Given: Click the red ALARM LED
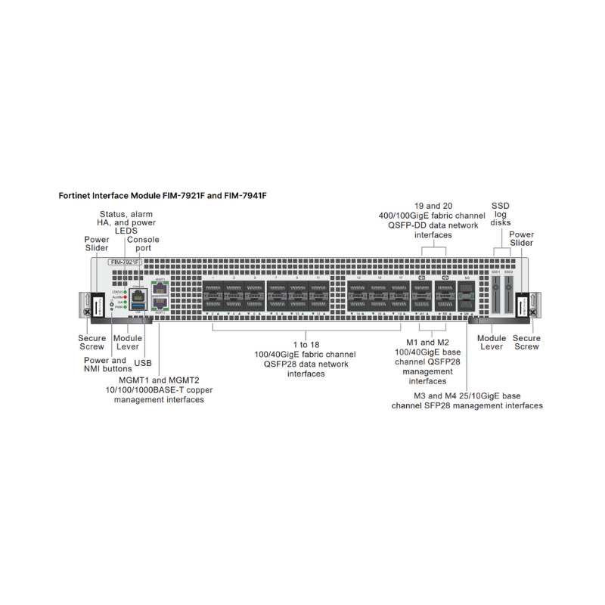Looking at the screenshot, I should click(126, 297).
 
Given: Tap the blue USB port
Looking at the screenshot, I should click(138, 306).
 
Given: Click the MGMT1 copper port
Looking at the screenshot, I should click(160, 288).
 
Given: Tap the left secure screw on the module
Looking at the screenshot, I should click(86, 310).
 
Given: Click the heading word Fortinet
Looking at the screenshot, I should click(76, 195).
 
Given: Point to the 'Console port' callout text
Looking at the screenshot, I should click(143, 244).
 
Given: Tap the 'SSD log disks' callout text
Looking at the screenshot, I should click(501, 214).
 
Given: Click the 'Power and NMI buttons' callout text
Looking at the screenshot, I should click(105, 365).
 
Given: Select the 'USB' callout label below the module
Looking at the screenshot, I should click(143, 363).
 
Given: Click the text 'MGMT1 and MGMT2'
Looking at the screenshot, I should click(159, 379).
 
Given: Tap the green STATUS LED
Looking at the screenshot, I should click(126, 291).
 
